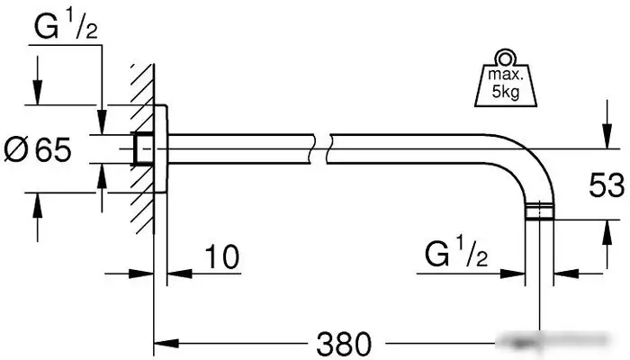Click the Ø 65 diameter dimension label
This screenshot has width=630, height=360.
[38, 149]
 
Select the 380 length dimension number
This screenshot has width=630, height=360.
[344, 344]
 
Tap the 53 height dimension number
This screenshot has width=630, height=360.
[607, 184]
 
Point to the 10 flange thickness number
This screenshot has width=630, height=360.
[222, 256]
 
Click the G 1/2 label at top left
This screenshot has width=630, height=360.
[66, 26]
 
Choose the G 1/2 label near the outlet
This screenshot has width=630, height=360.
[456, 254]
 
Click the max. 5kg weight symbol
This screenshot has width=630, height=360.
[506, 79]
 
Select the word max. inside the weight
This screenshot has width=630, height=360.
[506, 75]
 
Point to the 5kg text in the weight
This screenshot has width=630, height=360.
[506, 92]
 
